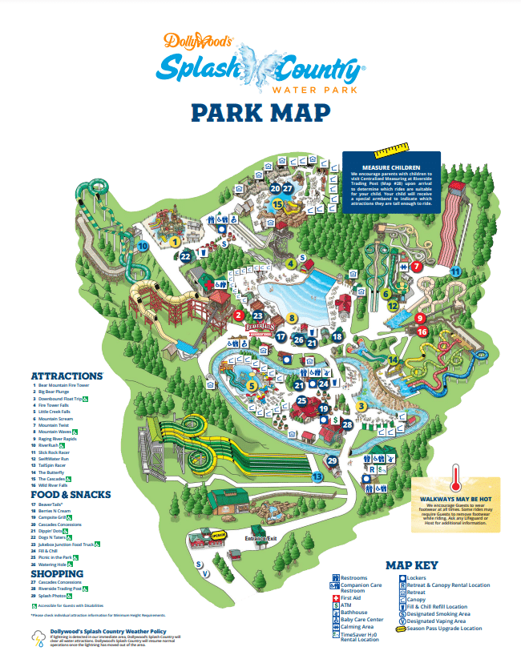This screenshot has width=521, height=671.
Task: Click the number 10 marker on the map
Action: pos(143,247)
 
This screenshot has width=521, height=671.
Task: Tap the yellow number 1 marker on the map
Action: pos(175,240)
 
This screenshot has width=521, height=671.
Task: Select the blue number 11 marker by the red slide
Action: pos(455,271)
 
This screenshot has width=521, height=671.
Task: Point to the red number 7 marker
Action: pos(416,266)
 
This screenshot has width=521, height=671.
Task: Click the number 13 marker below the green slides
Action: pos(317,477)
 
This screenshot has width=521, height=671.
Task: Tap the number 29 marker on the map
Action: pos(333,460)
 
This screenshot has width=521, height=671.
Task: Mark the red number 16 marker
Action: pos(422,331)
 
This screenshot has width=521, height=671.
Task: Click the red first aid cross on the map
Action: pos(208,285)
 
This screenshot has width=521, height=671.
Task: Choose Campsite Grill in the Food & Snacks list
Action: pos(59,518)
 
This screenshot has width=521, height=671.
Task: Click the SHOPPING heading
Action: pos(57,573)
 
